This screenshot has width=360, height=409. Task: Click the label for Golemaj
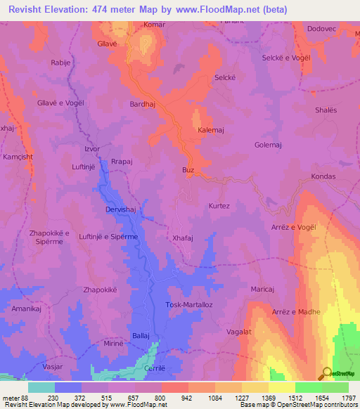coord(268,145)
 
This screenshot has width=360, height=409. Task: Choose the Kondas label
coord(323,177)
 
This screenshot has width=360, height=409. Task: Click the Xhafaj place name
coord(184,238)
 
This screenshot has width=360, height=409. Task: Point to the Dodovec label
coord(322,28)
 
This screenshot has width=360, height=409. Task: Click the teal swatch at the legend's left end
coord(41,387)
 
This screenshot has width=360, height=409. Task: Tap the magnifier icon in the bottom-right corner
coord(327,373)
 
